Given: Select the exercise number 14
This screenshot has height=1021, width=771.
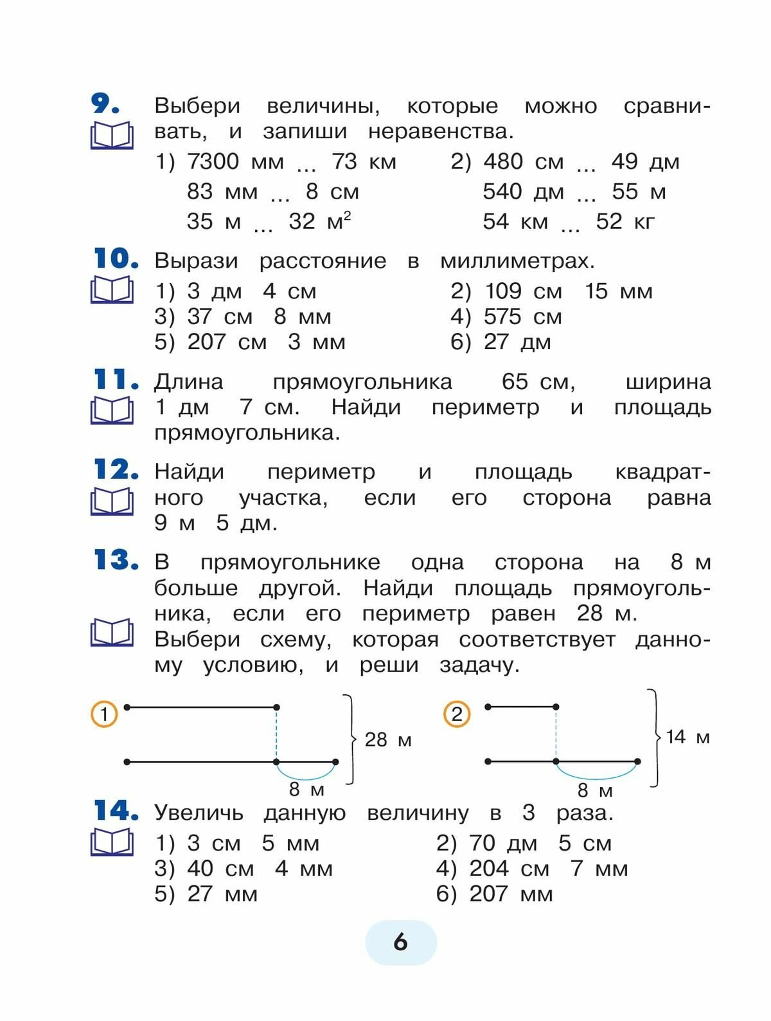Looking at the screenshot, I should pyautogui.click(x=116, y=811).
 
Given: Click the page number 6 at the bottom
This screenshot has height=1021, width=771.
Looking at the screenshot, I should pyautogui.click(x=400, y=943).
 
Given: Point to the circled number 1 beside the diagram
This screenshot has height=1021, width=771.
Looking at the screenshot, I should pyautogui.click(x=104, y=714).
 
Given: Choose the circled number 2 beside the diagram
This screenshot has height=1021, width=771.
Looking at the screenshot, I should pyautogui.click(x=457, y=714).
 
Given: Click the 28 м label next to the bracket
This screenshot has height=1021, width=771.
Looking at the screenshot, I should pyautogui.click(x=388, y=740).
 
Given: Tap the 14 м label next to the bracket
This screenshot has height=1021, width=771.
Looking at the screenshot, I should pyautogui.click(x=687, y=737).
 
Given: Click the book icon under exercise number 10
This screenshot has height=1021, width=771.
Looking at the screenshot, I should pyautogui.click(x=112, y=290).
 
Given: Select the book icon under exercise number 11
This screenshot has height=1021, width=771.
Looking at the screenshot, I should pyautogui.click(x=112, y=411).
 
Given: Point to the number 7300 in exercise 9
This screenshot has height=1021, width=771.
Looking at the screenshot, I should pyautogui.click(x=213, y=162).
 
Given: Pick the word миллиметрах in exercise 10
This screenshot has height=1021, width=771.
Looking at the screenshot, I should pyautogui.click(x=517, y=261).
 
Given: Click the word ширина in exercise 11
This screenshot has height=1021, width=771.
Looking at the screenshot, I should pyautogui.click(x=668, y=382).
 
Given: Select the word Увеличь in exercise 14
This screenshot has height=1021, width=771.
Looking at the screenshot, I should pyautogui.click(x=199, y=813).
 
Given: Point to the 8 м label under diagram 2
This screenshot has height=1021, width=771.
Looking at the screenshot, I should pyautogui.click(x=595, y=790).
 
